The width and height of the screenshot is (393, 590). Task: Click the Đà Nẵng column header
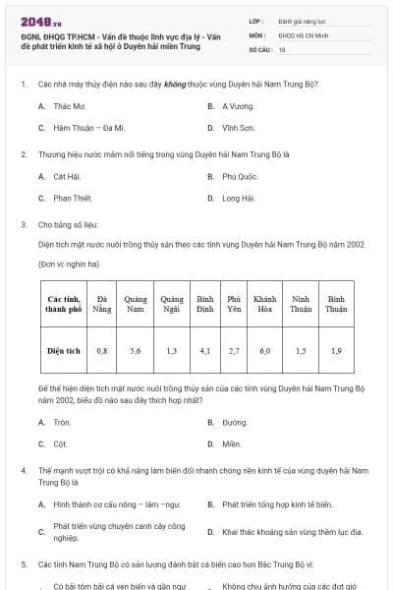tap(102, 303)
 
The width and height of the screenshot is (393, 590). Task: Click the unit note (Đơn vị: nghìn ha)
tap(70, 265)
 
